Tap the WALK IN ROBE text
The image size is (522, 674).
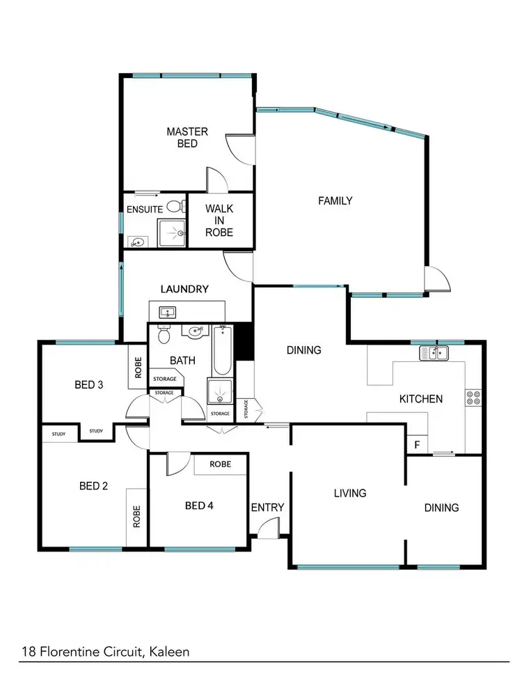pos(219,220)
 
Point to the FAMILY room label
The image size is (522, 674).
pos(335,201)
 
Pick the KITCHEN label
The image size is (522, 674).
pos(420,399)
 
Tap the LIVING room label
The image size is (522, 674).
pos(349,493)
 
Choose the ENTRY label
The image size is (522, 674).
pos(267,507)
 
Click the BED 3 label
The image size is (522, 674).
pos(89,384)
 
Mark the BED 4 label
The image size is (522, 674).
pos(199,505)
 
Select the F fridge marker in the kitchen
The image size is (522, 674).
pos(417,444)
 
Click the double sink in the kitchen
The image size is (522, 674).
pos(434,354)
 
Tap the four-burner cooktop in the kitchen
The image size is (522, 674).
pos(474,398)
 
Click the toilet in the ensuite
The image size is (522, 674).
pos(175,206)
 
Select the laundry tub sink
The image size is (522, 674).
pos(167,312)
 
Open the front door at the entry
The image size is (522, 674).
pos(267,531)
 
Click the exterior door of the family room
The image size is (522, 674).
pos(437,280)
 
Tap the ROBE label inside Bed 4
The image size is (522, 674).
pos(221,464)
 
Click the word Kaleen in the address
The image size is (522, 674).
pos(168,652)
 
